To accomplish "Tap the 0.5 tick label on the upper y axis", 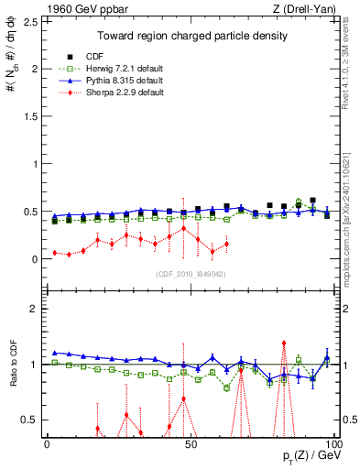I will point(29,212).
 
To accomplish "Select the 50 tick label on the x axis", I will point(190,444).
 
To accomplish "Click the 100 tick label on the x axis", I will point(331,444).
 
